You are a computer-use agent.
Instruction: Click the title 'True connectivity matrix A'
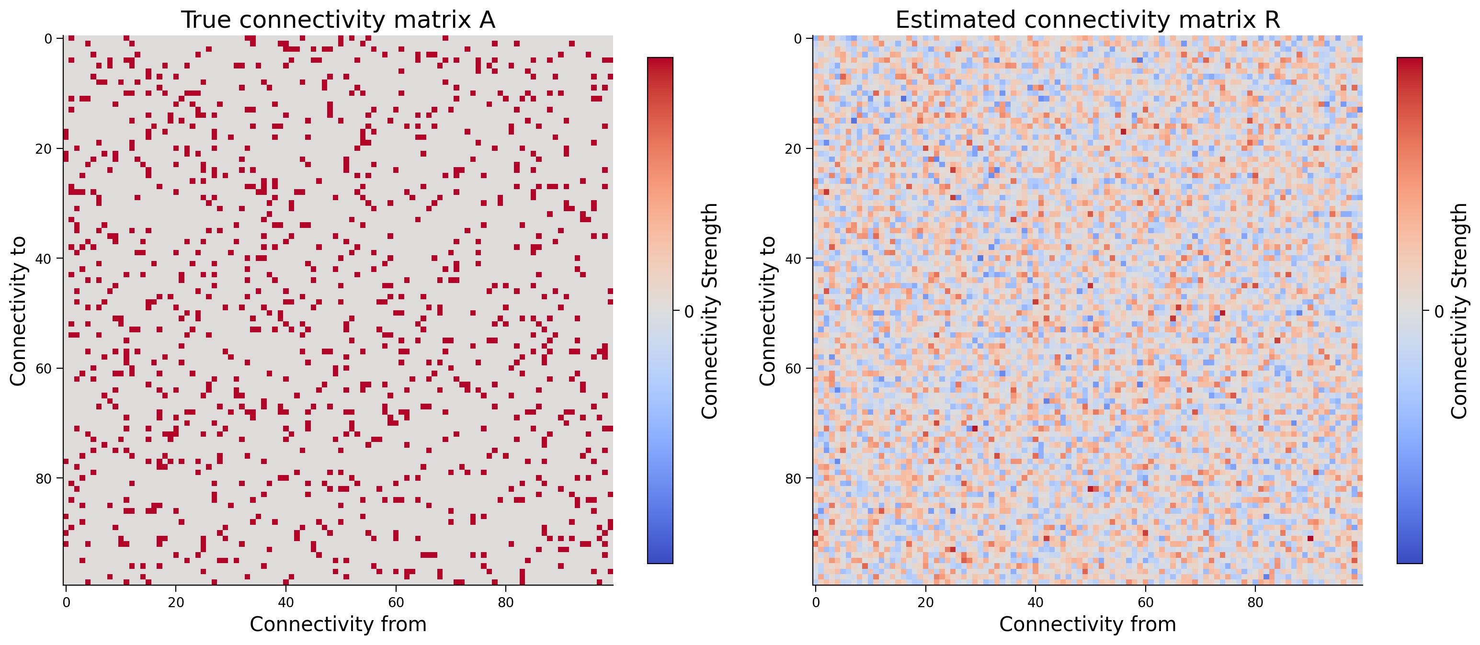[x=338, y=20]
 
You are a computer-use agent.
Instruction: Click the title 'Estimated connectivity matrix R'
[x=1088, y=20]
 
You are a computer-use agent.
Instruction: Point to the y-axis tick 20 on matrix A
[x=44, y=149]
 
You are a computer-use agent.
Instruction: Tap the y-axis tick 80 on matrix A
[x=44, y=478]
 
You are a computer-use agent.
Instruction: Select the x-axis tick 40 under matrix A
[x=285, y=602]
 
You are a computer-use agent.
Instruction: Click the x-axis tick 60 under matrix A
[x=396, y=602]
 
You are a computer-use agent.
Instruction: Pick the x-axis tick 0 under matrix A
[x=66, y=602]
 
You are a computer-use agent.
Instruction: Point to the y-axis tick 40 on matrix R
[x=794, y=259]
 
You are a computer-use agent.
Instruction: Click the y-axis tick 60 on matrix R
[x=794, y=369]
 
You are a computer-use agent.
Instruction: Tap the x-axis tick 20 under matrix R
[x=925, y=602]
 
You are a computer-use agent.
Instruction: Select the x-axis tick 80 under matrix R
[x=1255, y=602]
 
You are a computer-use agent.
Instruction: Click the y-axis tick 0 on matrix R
[x=798, y=38]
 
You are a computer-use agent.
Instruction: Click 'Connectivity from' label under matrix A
[x=338, y=624]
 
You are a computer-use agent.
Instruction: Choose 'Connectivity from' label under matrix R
[x=1088, y=624]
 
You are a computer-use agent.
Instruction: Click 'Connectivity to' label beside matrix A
[x=18, y=311]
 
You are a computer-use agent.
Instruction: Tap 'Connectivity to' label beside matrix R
[x=768, y=311]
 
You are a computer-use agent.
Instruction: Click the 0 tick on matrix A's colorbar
[x=689, y=311]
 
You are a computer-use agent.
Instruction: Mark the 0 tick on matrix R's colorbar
[x=1439, y=311]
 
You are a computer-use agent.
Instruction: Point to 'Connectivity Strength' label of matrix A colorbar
[x=710, y=311]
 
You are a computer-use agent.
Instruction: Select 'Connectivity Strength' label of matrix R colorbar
[x=1459, y=311]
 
